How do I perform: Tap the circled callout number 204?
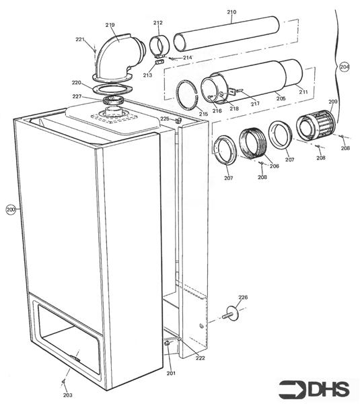click(x=345, y=67)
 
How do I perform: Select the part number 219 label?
click(x=110, y=25)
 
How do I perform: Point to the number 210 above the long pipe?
click(x=231, y=12)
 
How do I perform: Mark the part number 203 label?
click(x=67, y=395)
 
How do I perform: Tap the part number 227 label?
click(x=77, y=97)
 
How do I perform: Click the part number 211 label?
click(x=303, y=92)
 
